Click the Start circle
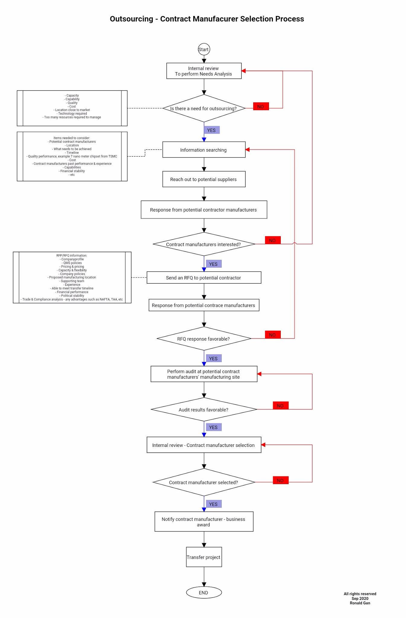tap(204, 49)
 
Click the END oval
tap(204, 592)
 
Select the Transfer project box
tap(204, 557)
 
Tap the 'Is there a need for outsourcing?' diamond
tap(204, 108)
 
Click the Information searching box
tap(204, 150)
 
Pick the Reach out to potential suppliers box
tap(204, 179)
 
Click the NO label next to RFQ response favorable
tap(273, 335)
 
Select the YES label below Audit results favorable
tap(213, 427)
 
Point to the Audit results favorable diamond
tap(204, 409)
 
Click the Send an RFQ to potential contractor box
tap(204, 278)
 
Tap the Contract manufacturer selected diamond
tap(204, 482)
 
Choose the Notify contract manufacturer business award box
tap(204, 521)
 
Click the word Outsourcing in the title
tap(131, 19)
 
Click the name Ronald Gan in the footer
tap(360, 603)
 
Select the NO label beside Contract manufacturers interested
tap(273, 240)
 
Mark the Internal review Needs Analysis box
tap(204, 71)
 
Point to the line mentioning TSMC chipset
tap(72, 156)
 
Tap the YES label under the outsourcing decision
tap(212, 130)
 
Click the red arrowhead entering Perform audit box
tap(259, 374)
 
